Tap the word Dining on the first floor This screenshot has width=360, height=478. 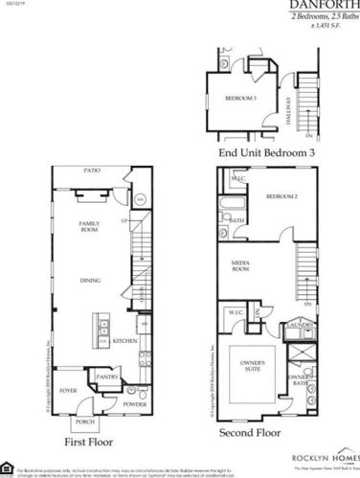(92, 281)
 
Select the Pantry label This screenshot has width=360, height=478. (106, 376)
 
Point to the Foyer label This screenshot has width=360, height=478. (69, 391)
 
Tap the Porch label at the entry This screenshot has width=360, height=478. (84, 421)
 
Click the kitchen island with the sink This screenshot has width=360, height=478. (99, 331)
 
